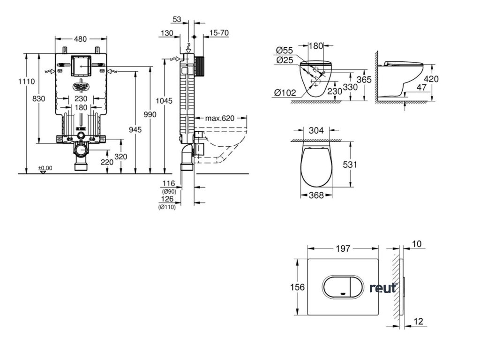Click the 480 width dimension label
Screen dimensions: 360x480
80,39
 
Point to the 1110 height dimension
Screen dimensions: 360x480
27,81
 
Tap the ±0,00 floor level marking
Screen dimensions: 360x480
45,168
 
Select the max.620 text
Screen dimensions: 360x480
219,118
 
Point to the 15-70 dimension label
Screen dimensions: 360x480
219,33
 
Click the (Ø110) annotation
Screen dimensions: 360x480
167,207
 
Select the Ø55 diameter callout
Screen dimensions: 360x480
285,50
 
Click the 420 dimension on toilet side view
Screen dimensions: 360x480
431,79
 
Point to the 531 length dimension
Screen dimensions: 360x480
363,165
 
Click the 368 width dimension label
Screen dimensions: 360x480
317,195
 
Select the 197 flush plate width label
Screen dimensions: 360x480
343,249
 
